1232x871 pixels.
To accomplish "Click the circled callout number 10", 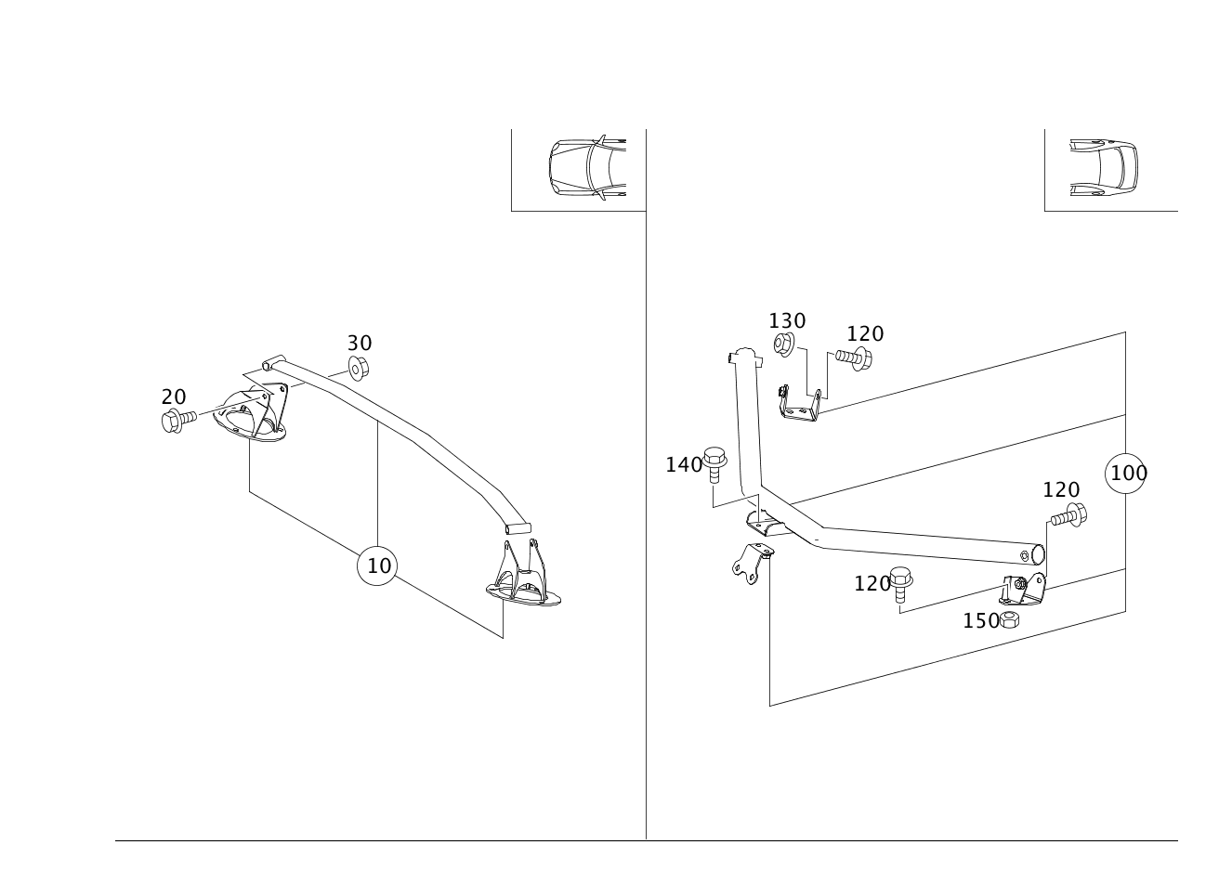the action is tap(376, 565).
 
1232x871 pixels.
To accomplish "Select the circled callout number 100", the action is tap(1125, 474).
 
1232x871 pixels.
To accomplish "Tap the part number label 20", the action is tap(174, 396).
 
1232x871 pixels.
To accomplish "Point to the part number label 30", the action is tap(360, 344).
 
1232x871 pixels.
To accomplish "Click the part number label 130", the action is tap(787, 321).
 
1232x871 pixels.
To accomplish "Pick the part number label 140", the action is tap(684, 465).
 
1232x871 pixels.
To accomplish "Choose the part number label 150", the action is tap(980, 621).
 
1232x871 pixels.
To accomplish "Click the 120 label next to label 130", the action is tap(865, 334).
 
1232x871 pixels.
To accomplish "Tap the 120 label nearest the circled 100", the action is tap(1061, 489).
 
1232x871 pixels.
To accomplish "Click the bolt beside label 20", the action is tap(178, 421).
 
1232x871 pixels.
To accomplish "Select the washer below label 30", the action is tap(358, 368).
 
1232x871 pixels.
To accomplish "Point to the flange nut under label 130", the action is tap(783, 344).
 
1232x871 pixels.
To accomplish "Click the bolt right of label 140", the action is tap(714, 464).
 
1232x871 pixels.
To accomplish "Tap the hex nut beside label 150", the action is tap(1009, 620).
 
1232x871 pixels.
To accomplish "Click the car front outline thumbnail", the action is tap(587, 167).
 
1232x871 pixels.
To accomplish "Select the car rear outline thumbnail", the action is tap(1104, 167).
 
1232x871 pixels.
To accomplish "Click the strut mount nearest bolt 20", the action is tap(250, 415).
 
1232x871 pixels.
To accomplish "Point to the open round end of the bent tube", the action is tap(1038, 554).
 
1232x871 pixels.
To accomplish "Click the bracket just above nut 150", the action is tap(1022, 589).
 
